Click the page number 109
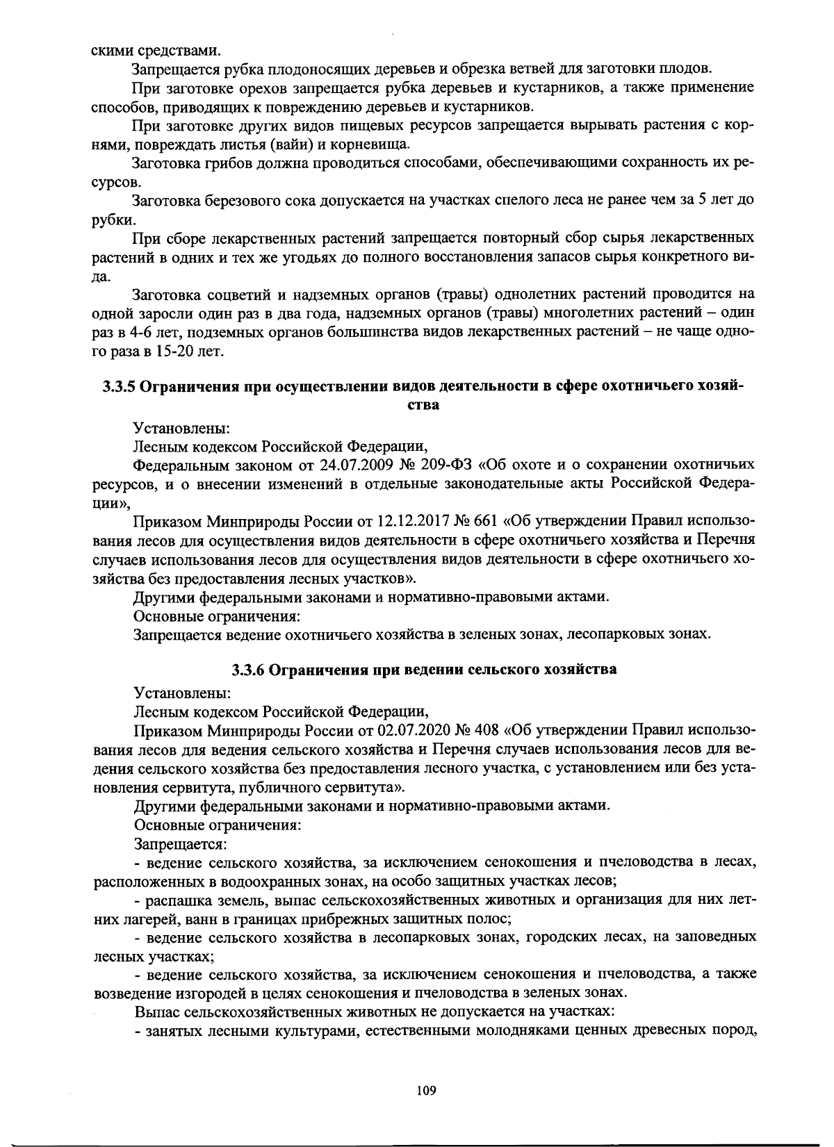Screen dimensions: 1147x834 click(426, 1091)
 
